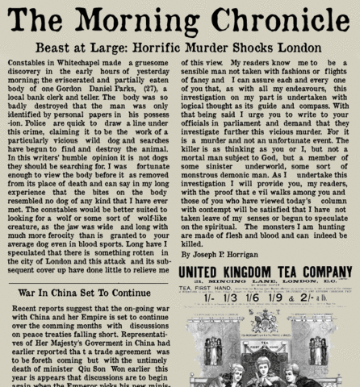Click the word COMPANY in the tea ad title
pos(321,273)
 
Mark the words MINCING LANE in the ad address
pos(251,286)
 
